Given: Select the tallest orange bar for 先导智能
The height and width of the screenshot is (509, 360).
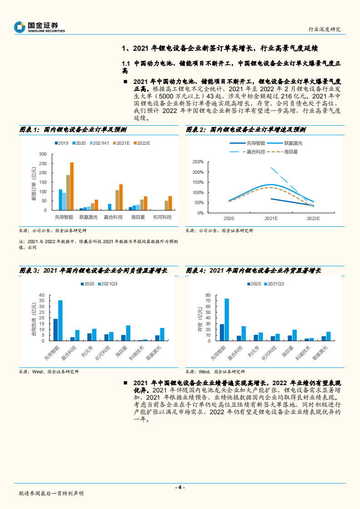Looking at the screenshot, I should tap(72, 186).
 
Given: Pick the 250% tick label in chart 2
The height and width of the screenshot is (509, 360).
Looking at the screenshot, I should tap(198, 162).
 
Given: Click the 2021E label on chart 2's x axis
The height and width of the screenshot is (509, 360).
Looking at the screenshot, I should tap(271, 218).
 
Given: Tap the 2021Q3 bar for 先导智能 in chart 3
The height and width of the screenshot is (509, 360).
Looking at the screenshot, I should tap(60, 320).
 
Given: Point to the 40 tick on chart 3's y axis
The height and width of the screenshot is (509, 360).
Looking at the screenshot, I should tap(43, 295).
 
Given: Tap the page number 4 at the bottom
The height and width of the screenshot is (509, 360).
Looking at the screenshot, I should tap(180, 487).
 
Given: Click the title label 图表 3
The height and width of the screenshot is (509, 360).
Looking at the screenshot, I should tap(29, 270).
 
